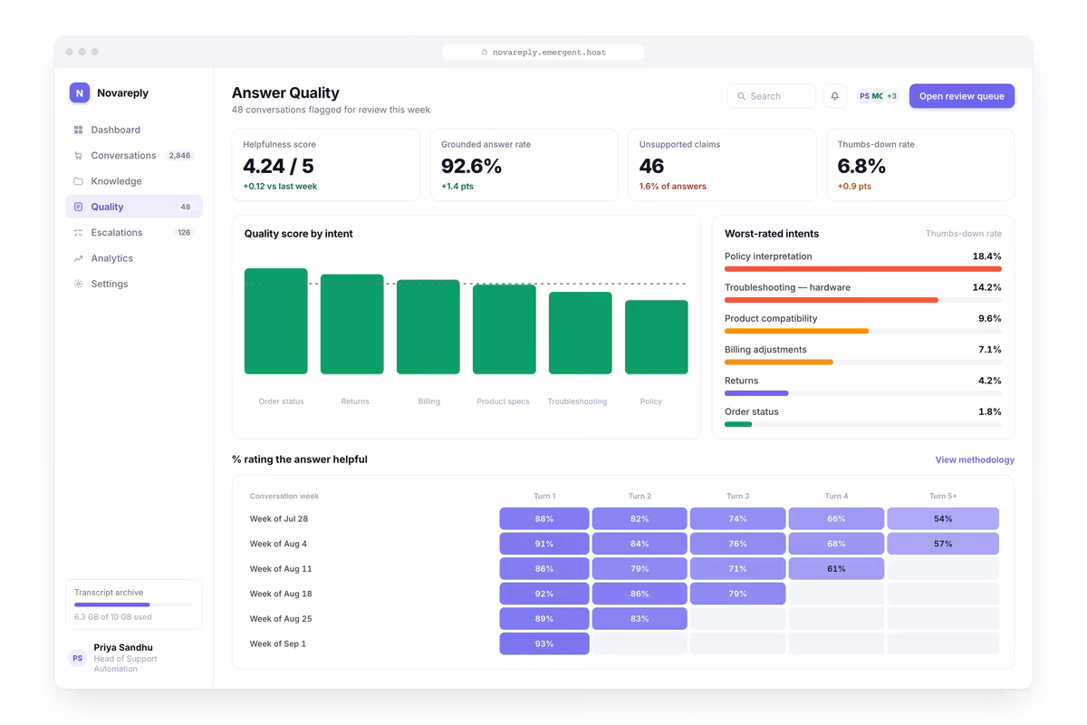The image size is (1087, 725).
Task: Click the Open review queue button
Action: (961, 96)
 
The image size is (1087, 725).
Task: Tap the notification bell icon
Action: (834, 96)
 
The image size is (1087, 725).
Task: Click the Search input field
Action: (771, 96)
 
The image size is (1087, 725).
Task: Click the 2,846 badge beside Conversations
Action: (179, 155)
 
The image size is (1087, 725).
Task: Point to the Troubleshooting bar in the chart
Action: (580, 333)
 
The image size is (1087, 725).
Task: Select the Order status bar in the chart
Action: (275, 321)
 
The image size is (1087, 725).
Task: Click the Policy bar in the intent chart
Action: (656, 337)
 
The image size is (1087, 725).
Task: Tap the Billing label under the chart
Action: (429, 401)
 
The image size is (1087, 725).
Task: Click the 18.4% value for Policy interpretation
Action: (986, 256)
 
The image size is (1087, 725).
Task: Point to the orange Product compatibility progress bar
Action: (796, 331)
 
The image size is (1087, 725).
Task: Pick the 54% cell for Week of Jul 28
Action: (943, 518)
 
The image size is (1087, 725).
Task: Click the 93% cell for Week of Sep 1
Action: (544, 643)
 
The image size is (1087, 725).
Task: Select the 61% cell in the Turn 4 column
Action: (836, 568)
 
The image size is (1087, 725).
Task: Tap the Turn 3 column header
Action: (737, 496)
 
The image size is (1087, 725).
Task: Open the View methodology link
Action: (975, 459)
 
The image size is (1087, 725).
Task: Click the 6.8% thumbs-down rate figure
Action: (861, 166)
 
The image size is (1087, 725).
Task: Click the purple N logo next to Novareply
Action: (79, 92)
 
